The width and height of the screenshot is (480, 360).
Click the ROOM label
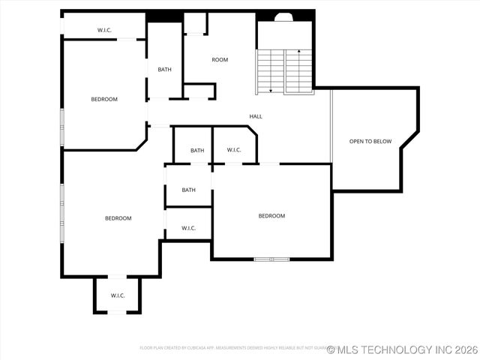220,60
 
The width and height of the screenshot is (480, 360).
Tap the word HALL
256,116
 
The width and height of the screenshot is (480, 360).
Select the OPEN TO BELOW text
370,141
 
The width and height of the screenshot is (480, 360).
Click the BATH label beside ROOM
164,70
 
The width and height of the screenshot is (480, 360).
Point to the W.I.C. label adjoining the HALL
233,150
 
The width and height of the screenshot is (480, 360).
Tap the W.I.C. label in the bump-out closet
118,295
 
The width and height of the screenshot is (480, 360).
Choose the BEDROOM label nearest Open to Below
271,216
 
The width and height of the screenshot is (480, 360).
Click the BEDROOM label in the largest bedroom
118,218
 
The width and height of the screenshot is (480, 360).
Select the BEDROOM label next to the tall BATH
104,99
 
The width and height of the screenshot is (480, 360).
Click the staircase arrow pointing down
270,89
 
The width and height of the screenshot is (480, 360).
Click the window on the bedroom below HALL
271,259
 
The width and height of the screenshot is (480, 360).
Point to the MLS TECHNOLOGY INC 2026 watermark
401,349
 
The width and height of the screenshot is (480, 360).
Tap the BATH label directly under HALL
196,151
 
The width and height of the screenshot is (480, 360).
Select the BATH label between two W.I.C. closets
188,190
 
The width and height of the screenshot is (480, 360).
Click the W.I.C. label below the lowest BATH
188,228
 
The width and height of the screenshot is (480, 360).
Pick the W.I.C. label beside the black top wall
105,30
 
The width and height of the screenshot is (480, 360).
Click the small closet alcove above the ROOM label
196,22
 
